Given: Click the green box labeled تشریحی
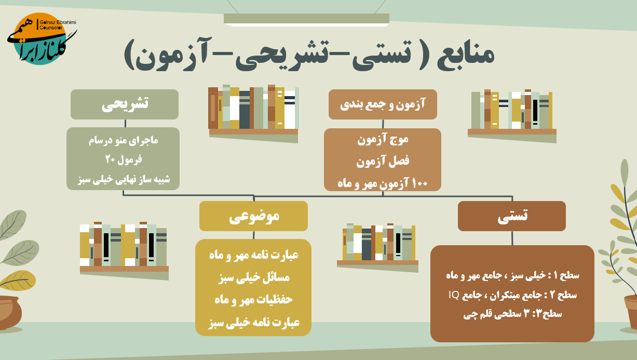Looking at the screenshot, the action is click(125, 104).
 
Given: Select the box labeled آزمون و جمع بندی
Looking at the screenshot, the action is click(383, 104).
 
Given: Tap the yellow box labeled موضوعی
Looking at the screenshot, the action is click(253, 216).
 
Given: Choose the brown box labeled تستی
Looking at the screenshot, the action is click(512, 216).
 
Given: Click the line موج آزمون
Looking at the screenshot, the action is click(383, 140).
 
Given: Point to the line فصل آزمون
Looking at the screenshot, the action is click(383, 162).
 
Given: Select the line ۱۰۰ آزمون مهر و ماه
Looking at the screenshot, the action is click(383, 183).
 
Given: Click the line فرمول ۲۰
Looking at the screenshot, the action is click(124, 159).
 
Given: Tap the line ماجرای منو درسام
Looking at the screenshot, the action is click(123, 140).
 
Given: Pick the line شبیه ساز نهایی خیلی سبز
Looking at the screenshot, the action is click(124, 179).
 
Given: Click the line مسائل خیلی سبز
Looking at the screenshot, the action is click(254, 277).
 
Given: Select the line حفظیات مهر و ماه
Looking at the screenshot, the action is click(253, 299).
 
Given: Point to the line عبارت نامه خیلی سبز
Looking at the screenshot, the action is click(254, 323).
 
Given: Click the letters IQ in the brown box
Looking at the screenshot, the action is click(454, 295).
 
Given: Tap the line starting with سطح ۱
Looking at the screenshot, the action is click(512, 275).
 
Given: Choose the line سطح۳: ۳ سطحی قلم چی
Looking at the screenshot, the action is click(512, 314).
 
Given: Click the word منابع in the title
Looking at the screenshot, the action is click(466, 55).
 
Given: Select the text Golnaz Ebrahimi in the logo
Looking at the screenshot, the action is click(58, 22).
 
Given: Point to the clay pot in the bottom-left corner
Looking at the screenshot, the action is click(9, 313).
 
